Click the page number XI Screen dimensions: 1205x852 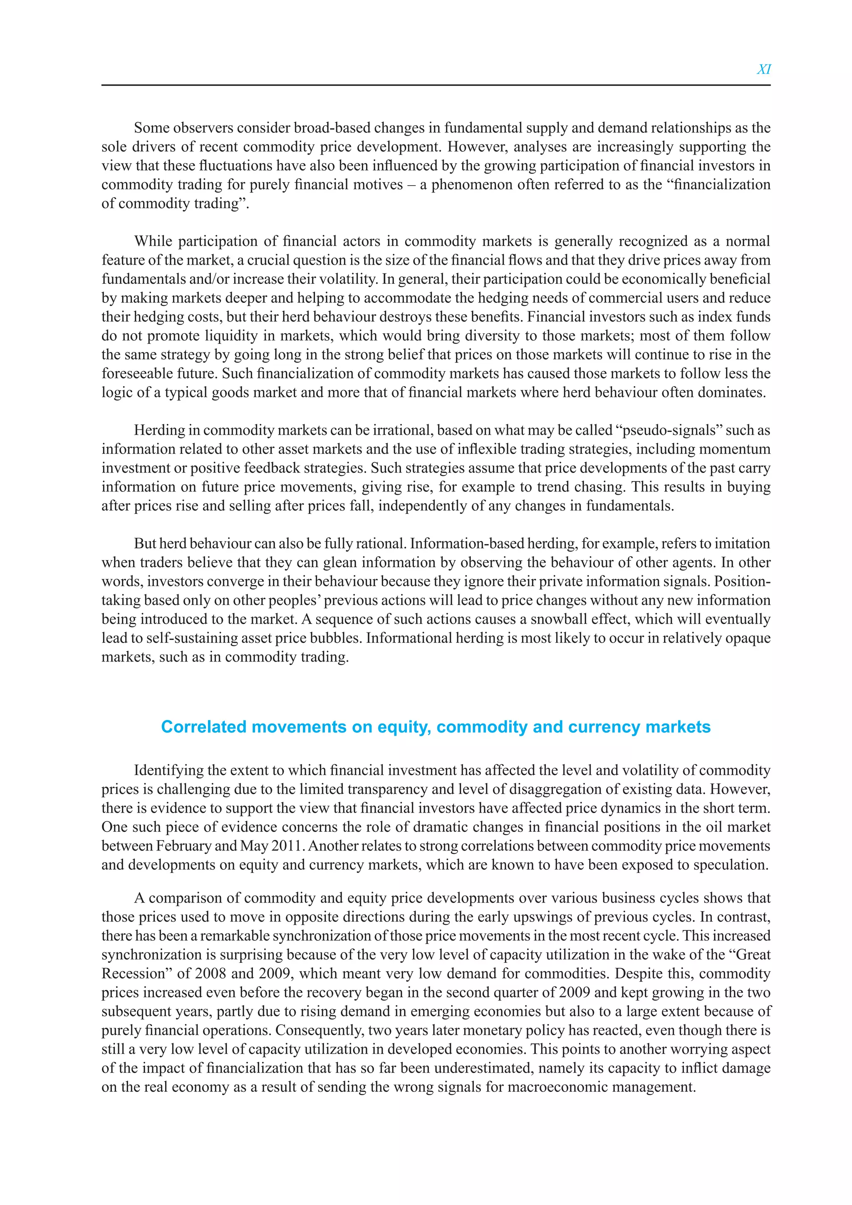[x=763, y=69]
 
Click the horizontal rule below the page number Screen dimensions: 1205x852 [x=436, y=85]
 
